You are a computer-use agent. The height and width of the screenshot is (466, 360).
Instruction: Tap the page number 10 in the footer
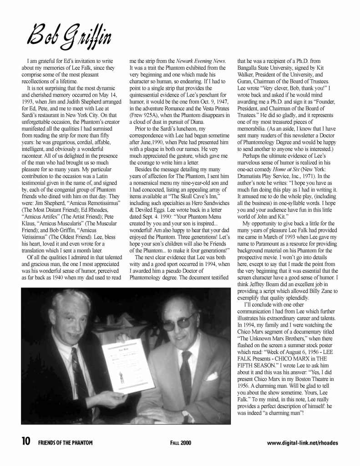point(26,442)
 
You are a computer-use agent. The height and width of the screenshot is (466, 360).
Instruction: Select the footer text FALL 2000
point(181,442)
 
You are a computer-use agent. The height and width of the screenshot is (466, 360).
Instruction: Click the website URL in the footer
point(302,442)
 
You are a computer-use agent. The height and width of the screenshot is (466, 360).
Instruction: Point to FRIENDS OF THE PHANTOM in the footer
point(65,442)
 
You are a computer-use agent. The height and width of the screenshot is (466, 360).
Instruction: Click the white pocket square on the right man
point(213,376)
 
